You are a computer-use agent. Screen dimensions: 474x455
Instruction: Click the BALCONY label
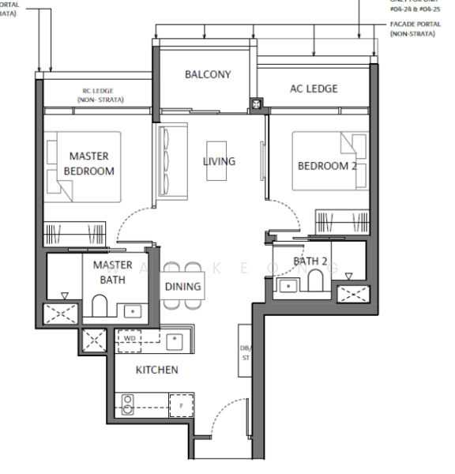[208, 74]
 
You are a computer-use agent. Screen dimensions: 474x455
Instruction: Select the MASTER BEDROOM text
[88, 164]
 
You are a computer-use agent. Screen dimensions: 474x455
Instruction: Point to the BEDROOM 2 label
[326, 166]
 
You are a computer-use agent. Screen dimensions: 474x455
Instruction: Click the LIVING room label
[219, 161]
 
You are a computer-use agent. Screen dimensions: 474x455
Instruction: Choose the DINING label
[182, 287]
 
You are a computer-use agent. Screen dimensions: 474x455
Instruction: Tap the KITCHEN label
[156, 370]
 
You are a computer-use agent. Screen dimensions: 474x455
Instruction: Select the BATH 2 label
[310, 260]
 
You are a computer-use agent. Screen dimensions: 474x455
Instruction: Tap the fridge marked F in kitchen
[182, 404]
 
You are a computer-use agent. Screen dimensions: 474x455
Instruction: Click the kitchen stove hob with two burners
[127, 405]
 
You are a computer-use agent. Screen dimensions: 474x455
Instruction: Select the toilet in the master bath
[100, 304]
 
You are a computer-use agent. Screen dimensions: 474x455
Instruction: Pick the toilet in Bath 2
[314, 281]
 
